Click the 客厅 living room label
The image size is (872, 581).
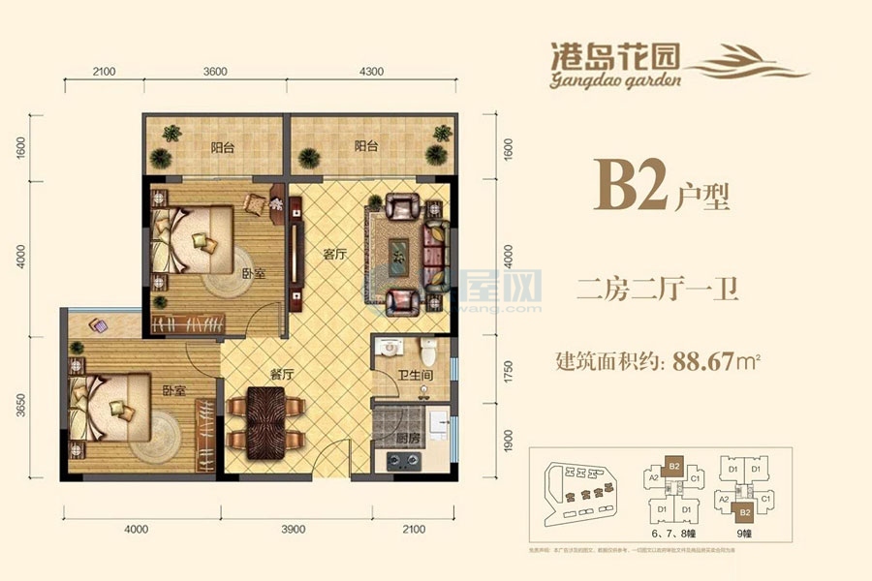[335, 255]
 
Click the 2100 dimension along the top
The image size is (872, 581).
[105, 71]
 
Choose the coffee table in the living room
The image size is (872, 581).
[398, 254]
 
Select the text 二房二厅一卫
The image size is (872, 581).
[657, 290]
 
